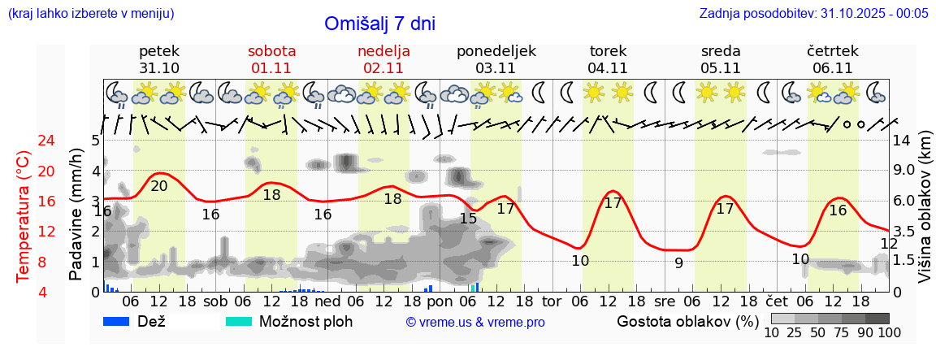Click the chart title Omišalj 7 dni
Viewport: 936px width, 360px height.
coord(379,24)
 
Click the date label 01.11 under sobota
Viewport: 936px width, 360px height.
coord(271,67)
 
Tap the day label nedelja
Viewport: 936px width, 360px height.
coord(383,50)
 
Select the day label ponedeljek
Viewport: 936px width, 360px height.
coord(496,50)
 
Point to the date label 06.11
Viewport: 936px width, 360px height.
coord(832,67)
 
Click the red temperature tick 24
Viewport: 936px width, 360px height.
coord(24,141)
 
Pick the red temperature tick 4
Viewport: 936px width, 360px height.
coord(24,292)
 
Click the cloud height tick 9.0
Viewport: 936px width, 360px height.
coord(904,171)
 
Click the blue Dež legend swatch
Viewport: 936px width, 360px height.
coord(117,321)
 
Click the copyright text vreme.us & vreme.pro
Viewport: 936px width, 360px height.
coord(475,322)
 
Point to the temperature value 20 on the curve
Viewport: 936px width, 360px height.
coord(159,186)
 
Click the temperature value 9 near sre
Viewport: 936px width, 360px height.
coord(679,262)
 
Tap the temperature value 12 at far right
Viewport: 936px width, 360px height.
coord(889,244)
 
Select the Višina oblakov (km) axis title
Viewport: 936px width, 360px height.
coord(925,216)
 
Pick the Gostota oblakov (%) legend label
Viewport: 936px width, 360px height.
coord(687,321)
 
